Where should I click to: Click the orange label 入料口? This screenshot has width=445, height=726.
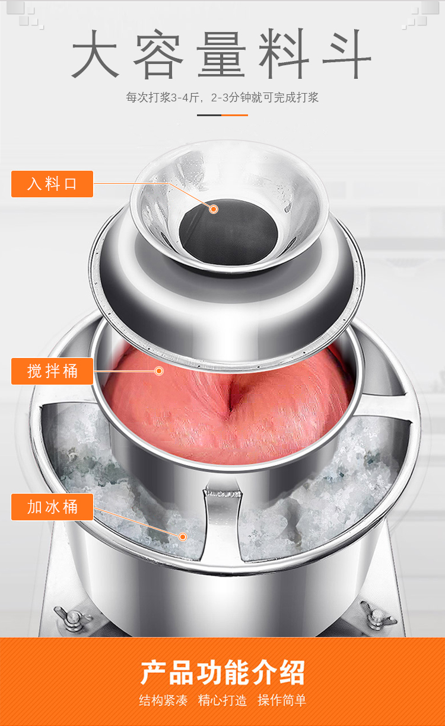[52, 184]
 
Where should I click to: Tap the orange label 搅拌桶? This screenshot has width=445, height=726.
[52, 371]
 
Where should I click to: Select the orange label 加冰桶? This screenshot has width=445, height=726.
[52, 507]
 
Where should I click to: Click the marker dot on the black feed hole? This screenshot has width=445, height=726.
[213, 209]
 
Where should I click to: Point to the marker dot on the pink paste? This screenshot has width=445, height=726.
[159, 371]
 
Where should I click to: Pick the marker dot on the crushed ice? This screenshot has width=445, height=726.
[183, 537]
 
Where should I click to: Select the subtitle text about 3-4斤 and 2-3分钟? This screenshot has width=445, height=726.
[222, 97]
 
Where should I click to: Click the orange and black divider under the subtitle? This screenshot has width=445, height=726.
[223, 115]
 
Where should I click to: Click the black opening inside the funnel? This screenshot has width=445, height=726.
[228, 231]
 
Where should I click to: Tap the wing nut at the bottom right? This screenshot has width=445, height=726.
[379, 615]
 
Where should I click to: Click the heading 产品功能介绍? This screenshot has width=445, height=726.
[223, 673]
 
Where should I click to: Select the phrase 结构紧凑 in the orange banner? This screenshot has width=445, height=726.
[163, 701]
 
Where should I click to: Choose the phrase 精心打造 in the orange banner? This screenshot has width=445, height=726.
[223, 701]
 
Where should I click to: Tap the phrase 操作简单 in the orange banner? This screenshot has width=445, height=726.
[282, 701]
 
